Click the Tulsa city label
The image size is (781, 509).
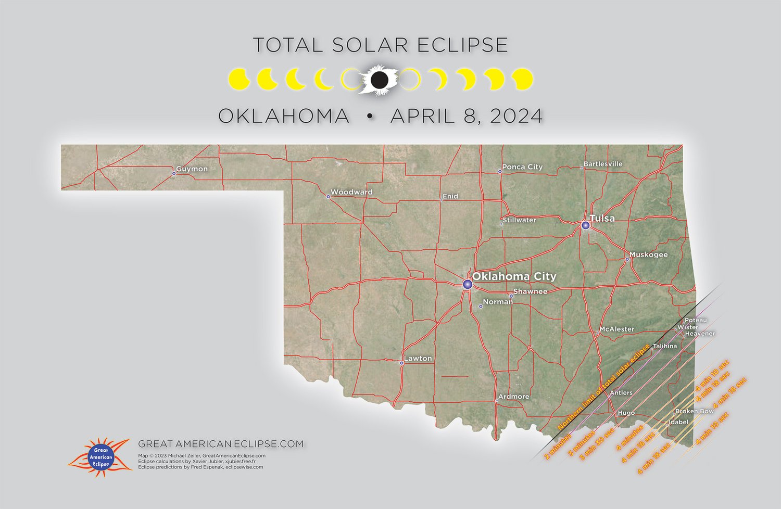[602, 219]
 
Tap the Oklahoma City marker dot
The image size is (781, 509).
[468, 284]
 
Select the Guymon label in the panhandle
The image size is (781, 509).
[192, 169]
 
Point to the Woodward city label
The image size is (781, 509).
[351, 192]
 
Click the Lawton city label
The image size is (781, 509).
[418, 359]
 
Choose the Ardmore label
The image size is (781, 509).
[513, 397]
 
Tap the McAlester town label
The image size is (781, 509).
[617, 329]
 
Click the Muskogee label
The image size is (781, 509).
[648, 255]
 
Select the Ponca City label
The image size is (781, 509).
[522, 167]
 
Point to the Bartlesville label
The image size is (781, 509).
[603, 164]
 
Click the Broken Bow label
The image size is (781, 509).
[695, 411]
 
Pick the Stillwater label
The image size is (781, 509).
[519, 220]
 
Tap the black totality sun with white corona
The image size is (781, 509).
[380, 80]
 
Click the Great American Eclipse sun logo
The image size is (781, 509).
[100, 456]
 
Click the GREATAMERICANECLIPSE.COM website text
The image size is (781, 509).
[221, 444]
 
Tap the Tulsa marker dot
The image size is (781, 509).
[586, 225]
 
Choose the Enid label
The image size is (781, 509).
[450, 197]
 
